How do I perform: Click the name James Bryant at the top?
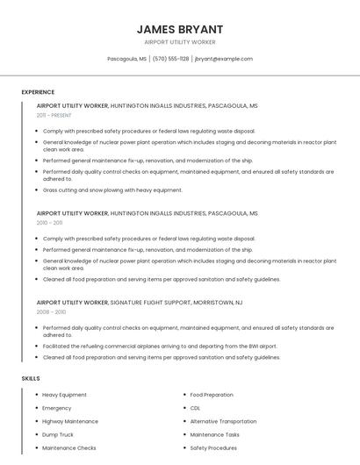(x=180, y=29)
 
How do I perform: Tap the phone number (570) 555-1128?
(x=170, y=59)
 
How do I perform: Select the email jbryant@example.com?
(x=223, y=59)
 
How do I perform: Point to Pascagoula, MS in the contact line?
(x=126, y=59)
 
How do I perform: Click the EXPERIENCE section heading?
(x=38, y=92)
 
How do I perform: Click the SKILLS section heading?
(x=31, y=378)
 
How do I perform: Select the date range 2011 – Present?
(x=54, y=115)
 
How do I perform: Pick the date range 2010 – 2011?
(x=49, y=223)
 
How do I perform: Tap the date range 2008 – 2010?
(x=51, y=311)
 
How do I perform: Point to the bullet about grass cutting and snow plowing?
(x=112, y=190)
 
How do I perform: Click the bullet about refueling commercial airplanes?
(x=160, y=347)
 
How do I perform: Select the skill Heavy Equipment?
(x=64, y=395)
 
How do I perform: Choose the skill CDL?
(x=195, y=408)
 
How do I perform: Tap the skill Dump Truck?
(x=58, y=434)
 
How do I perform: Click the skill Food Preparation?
(x=212, y=395)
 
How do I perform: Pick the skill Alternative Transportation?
(x=223, y=421)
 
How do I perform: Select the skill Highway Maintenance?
(x=70, y=421)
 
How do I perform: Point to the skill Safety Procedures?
(x=213, y=447)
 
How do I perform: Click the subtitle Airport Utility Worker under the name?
(x=180, y=42)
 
